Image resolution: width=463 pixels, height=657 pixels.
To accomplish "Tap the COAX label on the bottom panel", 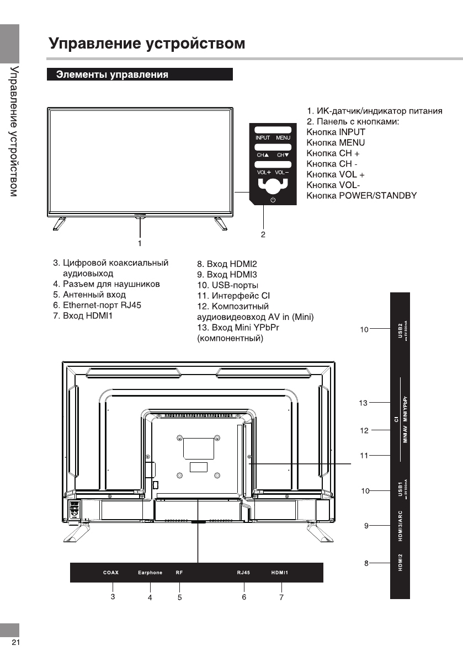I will (x=111, y=573).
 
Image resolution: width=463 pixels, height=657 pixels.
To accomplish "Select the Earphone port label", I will (x=150, y=573).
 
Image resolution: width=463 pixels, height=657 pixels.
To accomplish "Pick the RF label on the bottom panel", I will (x=179, y=573).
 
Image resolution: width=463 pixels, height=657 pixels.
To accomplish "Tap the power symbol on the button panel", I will (x=272, y=199).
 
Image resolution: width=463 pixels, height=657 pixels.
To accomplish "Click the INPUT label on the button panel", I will (x=263, y=137).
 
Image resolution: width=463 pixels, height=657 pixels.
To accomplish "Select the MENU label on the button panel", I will (x=283, y=137).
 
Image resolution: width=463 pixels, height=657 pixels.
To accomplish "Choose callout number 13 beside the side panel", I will (x=363, y=403).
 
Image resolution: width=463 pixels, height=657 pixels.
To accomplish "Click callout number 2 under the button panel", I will (x=263, y=234).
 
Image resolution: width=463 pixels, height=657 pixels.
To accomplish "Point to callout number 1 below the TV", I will (x=140, y=242).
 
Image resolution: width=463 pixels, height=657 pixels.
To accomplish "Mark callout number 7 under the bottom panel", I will (x=281, y=597).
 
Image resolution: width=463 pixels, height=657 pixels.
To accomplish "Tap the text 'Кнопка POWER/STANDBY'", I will (x=361, y=196).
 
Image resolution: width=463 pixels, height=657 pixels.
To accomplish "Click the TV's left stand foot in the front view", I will (x=58, y=223).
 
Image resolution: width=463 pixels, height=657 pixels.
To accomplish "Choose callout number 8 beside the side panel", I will (x=366, y=563).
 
